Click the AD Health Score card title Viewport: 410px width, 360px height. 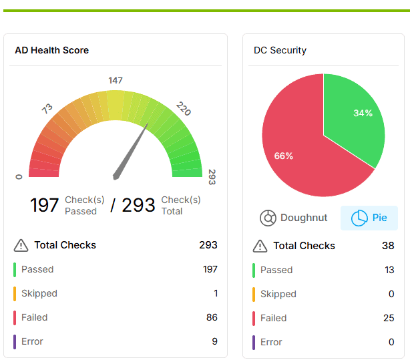click(51, 50)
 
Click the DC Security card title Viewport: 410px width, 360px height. click(280, 50)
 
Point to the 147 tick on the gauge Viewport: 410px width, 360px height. click(116, 81)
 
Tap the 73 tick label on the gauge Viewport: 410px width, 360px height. click(47, 108)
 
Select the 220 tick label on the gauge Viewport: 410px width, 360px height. click(184, 108)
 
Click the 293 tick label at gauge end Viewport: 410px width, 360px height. click(212, 177)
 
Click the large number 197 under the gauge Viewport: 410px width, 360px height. click(45, 205)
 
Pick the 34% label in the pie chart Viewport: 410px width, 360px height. click(363, 113)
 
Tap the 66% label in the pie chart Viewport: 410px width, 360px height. click(284, 156)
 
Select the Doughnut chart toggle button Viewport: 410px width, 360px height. click(294, 218)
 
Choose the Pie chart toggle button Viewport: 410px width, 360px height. click(369, 218)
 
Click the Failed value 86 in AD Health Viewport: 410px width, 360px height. click(212, 317)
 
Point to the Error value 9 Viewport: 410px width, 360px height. click(214, 341)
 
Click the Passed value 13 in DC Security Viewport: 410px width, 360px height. click(389, 270)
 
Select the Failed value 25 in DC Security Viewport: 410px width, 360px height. click(389, 318)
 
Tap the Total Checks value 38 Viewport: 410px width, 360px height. click(388, 246)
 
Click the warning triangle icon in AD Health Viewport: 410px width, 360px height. click(21, 245)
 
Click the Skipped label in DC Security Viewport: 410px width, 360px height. click(278, 294)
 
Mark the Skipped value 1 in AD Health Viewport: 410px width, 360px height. click(215, 293)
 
